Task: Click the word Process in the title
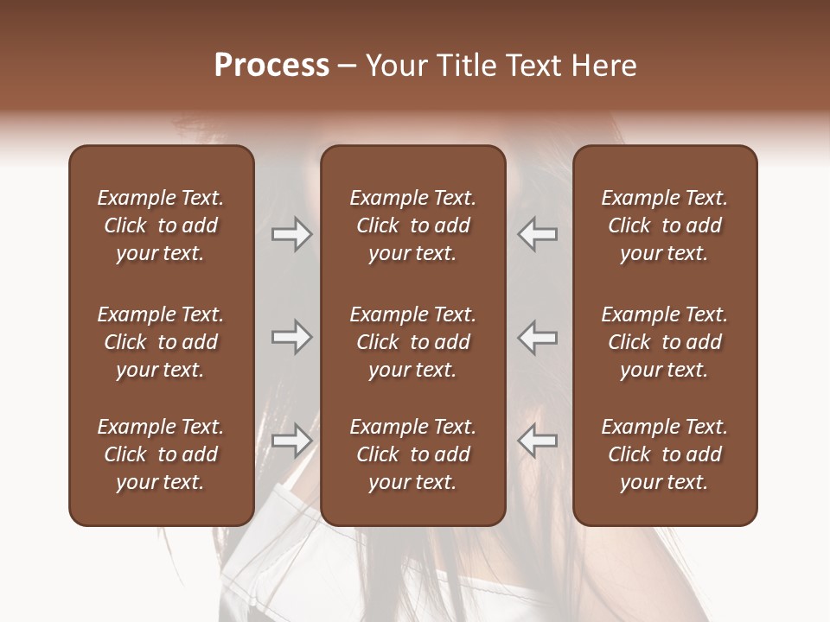click(x=271, y=66)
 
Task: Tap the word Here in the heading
click(x=603, y=66)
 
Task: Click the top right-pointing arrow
click(x=291, y=234)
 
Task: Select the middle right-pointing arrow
click(x=291, y=337)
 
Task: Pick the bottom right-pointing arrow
click(x=291, y=440)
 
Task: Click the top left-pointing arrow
click(x=538, y=234)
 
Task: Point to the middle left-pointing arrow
click(x=538, y=337)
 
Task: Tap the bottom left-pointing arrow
click(x=538, y=440)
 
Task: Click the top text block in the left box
click(x=161, y=225)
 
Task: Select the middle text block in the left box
click(x=161, y=342)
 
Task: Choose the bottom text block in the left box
click(x=161, y=454)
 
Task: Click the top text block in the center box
click(x=412, y=225)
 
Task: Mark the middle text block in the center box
click(x=412, y=342)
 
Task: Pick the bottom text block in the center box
click(x=412, y=454)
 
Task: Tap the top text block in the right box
click(x=664, y=225)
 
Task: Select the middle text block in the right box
click(x=664, y=342)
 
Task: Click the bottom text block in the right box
click(x=664, y=454)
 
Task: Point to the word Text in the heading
click(x=527, y=66)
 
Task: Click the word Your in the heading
click(x=393, y=66)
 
